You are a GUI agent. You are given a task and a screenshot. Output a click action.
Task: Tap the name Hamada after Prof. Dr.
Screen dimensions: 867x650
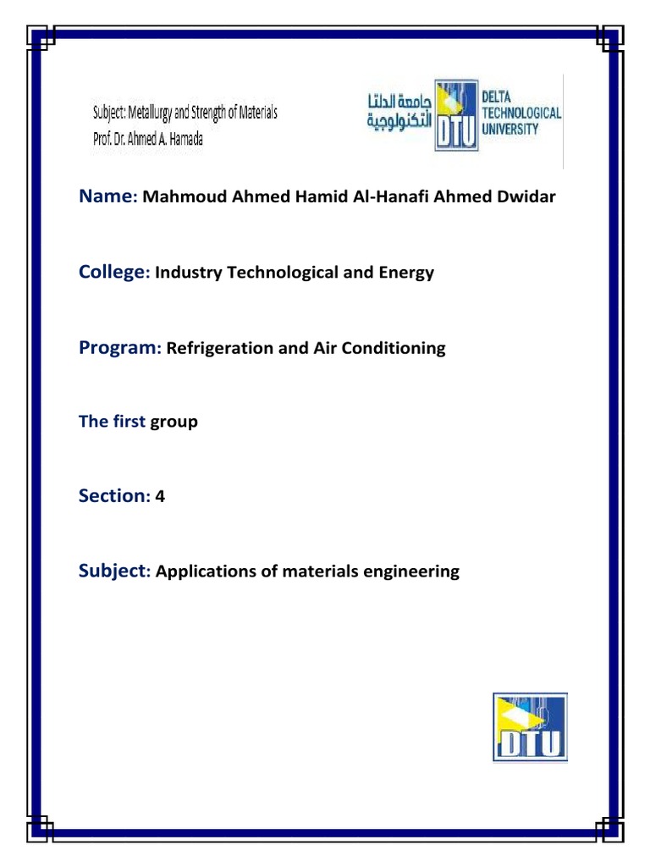[185, 137]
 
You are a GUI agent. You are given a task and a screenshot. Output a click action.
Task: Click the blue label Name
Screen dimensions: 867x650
[107, 196]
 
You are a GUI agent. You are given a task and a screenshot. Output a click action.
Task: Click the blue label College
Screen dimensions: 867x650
[113, 272]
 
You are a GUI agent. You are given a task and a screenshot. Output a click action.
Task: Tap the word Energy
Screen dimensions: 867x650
[406, 273]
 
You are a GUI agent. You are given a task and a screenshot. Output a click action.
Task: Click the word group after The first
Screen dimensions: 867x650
[174, 422]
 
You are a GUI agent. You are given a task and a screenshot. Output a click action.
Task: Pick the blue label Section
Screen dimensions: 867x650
[112, 496]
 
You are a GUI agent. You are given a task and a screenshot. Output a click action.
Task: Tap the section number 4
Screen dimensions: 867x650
[160, 497]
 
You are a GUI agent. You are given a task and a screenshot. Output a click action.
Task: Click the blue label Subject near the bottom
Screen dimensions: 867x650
[113, 571]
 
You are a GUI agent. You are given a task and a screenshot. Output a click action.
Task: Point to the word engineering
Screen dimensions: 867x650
[410, 572]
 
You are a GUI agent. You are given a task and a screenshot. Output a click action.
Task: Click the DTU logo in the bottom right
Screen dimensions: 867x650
[530, 726]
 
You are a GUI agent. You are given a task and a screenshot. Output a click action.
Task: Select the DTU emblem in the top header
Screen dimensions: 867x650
[457, 116]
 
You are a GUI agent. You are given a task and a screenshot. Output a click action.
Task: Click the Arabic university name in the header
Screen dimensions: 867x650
[399, 111]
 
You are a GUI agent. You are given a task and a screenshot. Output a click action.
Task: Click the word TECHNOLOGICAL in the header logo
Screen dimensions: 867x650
[521, 113]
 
